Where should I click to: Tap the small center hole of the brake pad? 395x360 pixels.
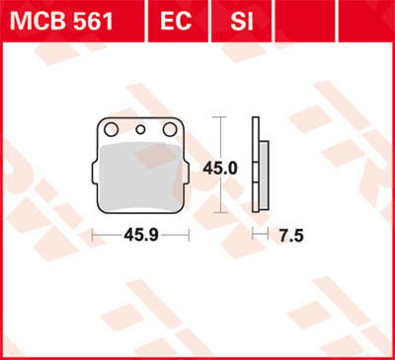(x=140, y=128)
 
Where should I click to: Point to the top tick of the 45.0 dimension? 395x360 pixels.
(x=218, y=118)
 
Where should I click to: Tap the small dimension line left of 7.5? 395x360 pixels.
(x=259, y=234)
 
